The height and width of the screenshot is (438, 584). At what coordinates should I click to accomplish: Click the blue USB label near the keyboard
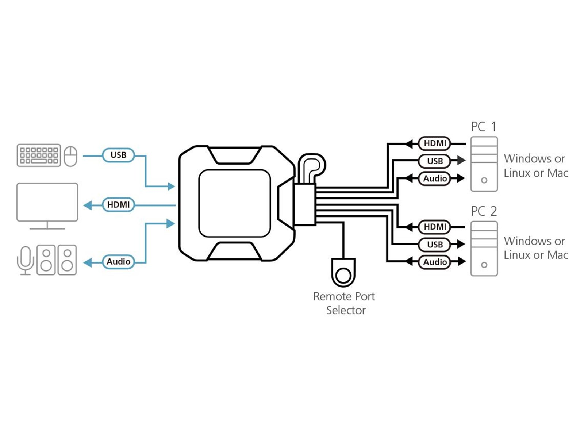click(118, 155)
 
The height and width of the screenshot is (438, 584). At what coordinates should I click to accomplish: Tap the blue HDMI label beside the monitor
click(118, 205)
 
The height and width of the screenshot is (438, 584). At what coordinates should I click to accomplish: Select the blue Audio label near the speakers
click(118, 262)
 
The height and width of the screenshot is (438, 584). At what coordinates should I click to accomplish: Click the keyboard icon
click(39, 155)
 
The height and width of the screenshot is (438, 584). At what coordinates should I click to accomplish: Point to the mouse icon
click(70, 156)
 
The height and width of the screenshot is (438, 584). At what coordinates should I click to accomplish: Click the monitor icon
click(47, 203)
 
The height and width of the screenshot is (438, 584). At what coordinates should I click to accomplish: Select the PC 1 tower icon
click(484, 164)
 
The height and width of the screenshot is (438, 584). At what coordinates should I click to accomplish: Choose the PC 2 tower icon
click(484, 249)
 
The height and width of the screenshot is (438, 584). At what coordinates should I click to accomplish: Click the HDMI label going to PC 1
click(435, 143)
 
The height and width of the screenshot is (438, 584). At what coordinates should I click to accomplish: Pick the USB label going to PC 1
click(435, 161)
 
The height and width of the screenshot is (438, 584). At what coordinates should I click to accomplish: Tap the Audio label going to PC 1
click(435, 178)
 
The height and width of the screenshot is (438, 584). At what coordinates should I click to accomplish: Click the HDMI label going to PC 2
click(435, 227)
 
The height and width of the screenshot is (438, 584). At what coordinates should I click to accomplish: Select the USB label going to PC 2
click(435, 244)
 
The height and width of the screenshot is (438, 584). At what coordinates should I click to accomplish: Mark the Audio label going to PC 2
click(435, 262)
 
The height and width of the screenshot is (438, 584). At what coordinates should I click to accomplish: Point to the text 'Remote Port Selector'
click(344, 303)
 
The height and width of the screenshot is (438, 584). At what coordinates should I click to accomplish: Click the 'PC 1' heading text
click(484, 127)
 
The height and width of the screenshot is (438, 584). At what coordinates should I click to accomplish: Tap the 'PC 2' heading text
click(484, 211)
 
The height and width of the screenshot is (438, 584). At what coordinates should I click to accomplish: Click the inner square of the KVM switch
click(235, 203)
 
